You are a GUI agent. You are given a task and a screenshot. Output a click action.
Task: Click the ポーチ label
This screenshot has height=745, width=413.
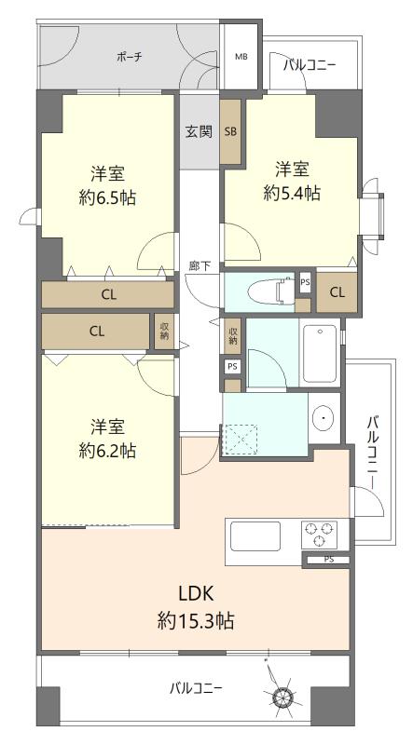pyautogui.click(x=130, y=58)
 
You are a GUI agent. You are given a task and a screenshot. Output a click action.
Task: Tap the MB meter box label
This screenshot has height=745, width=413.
pyautogui.click(x=241, y=57)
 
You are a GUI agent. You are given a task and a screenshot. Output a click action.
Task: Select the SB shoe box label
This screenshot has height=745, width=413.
pyautogui.click(x=231, y=132)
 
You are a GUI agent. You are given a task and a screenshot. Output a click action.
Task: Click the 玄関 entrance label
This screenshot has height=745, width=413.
pyautogui.click(x=199, y=131)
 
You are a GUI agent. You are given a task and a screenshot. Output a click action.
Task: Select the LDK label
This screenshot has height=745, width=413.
pyautogui.click(x=197, y=593)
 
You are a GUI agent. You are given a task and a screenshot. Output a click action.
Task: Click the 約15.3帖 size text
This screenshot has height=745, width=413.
pyautogui.click(x=196, y=620)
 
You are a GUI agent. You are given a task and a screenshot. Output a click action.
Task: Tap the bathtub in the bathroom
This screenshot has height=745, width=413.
pyautogui.click(x=320, y=353)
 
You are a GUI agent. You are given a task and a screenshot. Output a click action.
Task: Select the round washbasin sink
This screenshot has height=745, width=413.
pyautogui.click(x=324, y=417)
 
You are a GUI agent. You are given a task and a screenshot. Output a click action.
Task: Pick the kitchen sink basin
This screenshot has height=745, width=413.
pyautogui.click(x=255, y=536)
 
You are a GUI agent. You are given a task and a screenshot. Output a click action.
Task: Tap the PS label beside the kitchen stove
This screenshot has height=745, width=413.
pyautogui.click(x=329, y=560)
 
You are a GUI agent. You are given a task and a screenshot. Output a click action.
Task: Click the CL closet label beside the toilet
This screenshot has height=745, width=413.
pyautogui.click(x=337, y=292)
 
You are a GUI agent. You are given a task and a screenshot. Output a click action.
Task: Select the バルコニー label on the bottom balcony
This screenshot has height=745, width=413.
pyautogui.click(x=196, y=687)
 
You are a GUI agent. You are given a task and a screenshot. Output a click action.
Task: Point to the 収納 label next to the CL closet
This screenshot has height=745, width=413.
pyautogui.click(x=164, y=332)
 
